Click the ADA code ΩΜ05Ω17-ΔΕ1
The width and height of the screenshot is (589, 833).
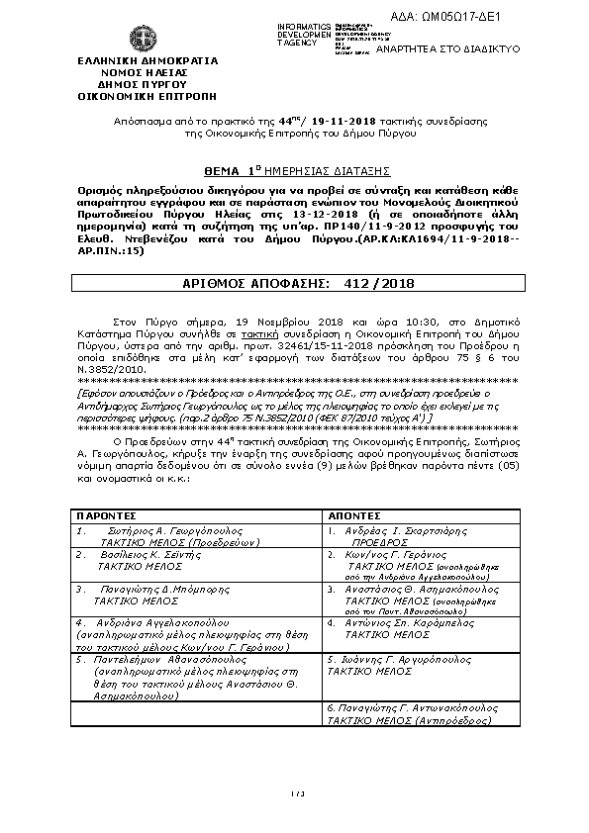514,16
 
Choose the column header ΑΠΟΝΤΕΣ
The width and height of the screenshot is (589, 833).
351,515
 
